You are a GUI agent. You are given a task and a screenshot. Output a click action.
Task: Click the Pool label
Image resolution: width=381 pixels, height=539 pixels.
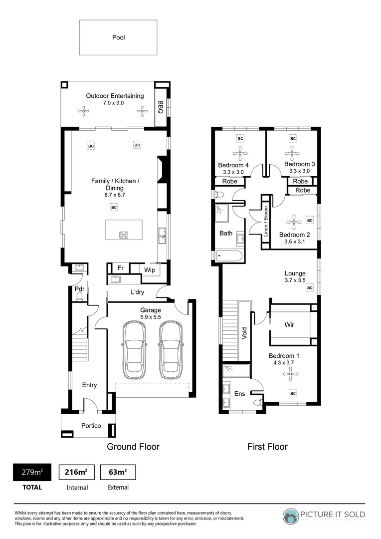pos(118,37)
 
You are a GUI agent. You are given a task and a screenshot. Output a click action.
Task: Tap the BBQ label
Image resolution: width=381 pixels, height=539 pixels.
pos(161,107)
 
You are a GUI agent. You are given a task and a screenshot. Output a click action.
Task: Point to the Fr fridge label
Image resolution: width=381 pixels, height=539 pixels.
pos(120,269)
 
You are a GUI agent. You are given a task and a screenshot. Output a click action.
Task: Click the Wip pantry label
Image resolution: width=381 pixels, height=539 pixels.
pos(149,270)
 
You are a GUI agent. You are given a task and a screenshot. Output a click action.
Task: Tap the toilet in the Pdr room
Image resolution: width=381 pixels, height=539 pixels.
pos(79,297)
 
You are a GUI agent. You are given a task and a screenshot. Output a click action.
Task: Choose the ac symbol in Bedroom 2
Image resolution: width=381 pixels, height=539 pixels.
pos(309,220)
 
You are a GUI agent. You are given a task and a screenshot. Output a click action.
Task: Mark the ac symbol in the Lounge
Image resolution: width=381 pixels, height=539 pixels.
pos(309,288)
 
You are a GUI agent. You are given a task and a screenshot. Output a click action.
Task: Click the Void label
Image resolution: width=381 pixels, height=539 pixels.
pos(244,333)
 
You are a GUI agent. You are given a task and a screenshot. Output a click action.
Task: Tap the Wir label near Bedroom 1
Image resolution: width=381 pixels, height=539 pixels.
pos(289,325)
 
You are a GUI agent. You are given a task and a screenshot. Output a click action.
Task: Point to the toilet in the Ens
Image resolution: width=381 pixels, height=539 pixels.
pos(257,402)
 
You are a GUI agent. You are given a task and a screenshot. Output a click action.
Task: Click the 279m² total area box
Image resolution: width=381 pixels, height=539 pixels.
pos(31,472)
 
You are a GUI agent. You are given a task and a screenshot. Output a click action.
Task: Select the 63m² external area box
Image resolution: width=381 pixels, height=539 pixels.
pos(118,472)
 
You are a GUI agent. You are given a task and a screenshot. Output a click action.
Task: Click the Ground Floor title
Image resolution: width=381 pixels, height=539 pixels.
pos(133,447)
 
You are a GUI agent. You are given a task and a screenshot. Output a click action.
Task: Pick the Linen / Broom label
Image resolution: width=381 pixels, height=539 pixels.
pos(266,221)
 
